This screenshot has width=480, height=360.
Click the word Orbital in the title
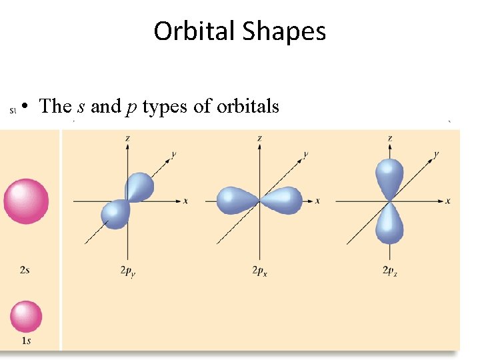point(195,31)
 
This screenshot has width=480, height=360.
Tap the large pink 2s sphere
point(26,201)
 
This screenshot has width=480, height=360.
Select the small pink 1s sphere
point(26,317)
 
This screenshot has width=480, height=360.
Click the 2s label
point(25,270)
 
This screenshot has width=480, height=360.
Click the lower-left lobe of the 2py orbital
point(116,213)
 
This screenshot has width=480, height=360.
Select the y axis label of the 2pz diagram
point(437,154)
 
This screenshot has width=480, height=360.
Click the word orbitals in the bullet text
point(248,106)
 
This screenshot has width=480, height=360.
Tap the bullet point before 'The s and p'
point(23,107)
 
